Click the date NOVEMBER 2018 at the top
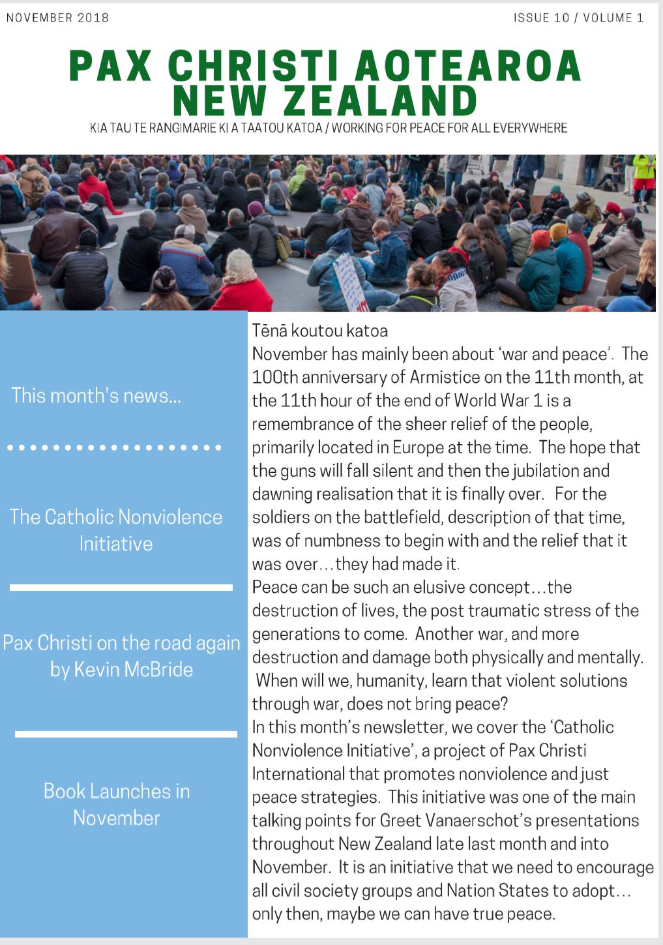pos(57,18)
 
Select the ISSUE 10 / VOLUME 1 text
pos(578,18)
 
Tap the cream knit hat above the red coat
pos(239,264)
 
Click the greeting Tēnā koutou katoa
pos(319,331)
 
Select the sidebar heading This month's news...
pos(96,395)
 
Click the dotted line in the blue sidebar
pos(115,448)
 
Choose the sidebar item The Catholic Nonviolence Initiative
pos(116,530)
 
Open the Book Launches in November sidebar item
pos(116,804)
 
